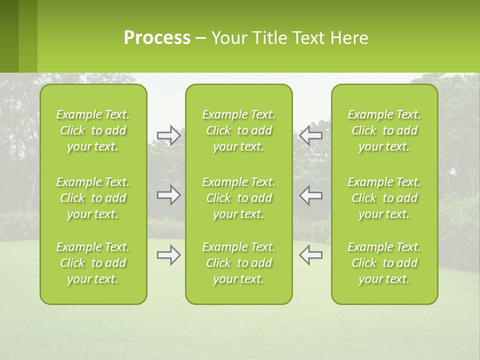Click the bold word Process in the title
[x=157, y=38]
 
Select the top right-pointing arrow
[x=169, y=135]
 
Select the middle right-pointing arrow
[x=169, y=195]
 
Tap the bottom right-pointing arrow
[x=169, y=255]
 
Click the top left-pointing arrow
[x=310, y=135]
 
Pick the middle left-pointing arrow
[x=310, y=195]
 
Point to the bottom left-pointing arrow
[x=310, y=255]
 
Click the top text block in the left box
[x=93, y=130]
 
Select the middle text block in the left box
[x=93, y=198]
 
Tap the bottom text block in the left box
[x=93, y=263]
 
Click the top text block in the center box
[x=238, y=130]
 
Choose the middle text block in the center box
[x=238, y=198]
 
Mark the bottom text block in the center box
[x=238, y=263]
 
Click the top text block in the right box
[x=384, y=130]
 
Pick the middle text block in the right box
[x=384, y=198]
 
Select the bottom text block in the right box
[x=384, y=263]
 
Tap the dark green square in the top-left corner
[x=9, y=36]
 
